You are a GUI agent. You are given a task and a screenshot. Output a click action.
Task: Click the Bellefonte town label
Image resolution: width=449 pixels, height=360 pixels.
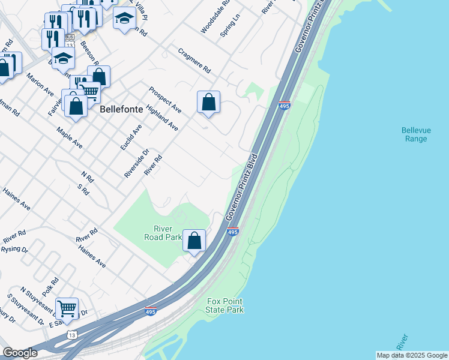coord(118,110)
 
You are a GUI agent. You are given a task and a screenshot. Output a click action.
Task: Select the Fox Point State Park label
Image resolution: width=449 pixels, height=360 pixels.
coord(225,305)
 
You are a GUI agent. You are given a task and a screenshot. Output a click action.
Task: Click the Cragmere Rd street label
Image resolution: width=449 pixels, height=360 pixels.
coord(194,61)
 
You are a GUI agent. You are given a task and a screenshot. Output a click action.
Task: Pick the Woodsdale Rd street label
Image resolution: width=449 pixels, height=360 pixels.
coord(215,17)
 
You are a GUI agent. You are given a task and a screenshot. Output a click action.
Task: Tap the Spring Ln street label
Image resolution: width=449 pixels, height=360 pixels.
coord(230,25)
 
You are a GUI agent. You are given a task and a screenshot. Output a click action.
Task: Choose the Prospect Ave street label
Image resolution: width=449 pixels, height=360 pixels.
coord(165,99)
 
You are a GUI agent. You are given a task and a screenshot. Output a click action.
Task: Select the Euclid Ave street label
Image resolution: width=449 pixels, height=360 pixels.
coord(131,137)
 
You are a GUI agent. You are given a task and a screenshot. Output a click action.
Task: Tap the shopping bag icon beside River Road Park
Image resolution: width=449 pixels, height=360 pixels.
coord(194,241)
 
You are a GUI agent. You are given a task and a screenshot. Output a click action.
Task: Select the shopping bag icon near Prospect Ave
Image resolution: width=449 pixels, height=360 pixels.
coord(208,103)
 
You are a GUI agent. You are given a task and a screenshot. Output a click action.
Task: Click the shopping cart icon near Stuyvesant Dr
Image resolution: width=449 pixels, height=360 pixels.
coord(67,309)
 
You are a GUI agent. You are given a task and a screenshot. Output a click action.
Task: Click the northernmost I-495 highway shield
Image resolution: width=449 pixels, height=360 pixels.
coord(285,106)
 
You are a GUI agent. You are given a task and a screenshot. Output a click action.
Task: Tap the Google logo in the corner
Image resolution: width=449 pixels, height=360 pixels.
coord(19,353)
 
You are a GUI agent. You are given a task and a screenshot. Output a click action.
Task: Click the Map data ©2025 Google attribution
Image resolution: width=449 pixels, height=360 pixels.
coord(411,355)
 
